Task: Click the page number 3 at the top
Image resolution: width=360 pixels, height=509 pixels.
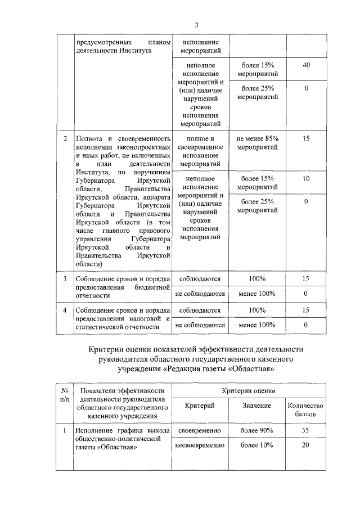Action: coord(197,24)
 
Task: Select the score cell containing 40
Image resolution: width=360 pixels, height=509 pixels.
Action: coord(306,66)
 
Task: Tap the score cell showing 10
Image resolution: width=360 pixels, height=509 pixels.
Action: coord(306,178)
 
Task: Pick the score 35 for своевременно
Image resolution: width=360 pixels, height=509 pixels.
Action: coord(306,430)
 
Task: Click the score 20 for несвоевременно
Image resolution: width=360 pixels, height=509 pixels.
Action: coord(306,445)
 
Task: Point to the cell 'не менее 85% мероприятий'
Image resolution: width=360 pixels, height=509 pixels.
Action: coord(257,143)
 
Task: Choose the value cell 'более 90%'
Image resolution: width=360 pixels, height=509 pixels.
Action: coord(257,430)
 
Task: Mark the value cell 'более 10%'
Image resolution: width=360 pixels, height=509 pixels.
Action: coord(257,445)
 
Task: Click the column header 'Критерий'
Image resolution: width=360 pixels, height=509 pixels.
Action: coord(200,406)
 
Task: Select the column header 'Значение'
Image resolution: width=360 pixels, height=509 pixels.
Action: coord(257,406)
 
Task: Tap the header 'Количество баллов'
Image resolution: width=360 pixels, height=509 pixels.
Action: coord(306,410)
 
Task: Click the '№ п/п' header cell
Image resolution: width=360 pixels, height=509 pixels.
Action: coord(65,395)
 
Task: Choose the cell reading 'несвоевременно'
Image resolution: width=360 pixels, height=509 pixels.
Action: coord(200,445)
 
